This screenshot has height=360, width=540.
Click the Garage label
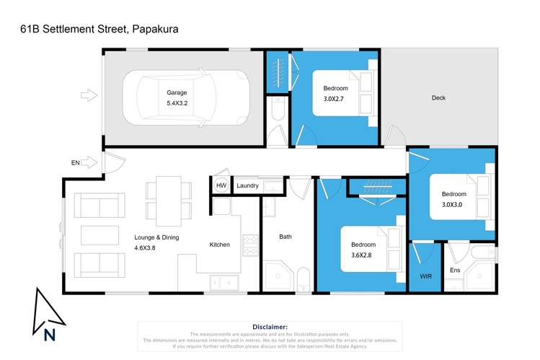tap(177, 92)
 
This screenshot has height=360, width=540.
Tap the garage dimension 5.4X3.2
tap(177, 103)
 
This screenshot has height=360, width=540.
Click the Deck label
tap(438, 98)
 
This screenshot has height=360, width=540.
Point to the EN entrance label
tap(75, 163)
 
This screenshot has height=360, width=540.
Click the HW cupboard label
tap(221, 185)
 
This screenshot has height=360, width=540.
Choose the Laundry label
tap(247, 185)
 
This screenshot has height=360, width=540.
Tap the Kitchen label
tap(219, 245)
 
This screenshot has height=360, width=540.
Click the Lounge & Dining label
tap(156, 237)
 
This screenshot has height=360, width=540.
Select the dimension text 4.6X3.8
tap(145, 248)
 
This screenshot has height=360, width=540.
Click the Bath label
tap(286, 237)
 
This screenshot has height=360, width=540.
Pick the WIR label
tap(425, 276)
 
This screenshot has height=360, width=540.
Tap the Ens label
tap(455, 271)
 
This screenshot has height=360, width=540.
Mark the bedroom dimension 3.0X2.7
tap(335, 100)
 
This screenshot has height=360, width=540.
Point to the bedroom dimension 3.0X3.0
tap(454, 205)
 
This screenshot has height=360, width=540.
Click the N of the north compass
tap(50, 334)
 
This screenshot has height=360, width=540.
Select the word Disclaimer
tap(270, 327)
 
